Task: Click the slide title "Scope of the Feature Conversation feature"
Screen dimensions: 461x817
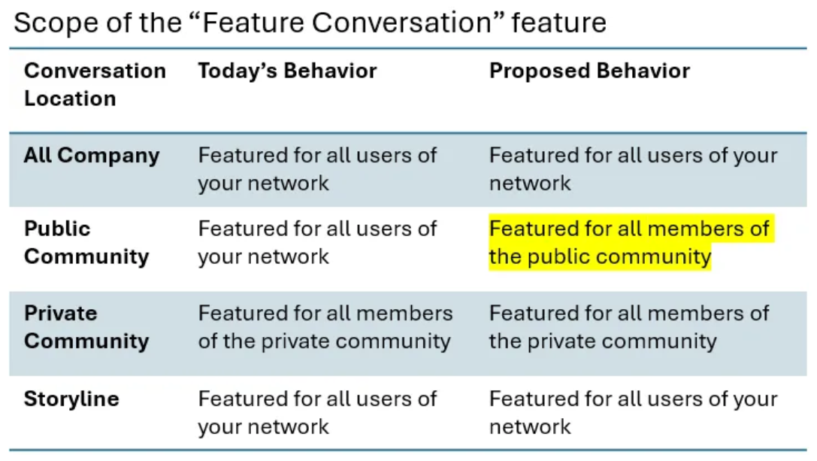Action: click(x=310, y=23)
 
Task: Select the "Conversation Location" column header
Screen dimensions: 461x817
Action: click(x=95, y=84)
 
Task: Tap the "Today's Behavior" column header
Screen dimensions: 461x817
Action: click(x=287, y=71)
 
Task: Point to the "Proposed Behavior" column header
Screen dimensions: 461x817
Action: click(x=589, y=71)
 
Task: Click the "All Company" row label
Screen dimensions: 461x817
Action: click(x=92, y=156)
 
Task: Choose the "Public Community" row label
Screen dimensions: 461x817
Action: click(x=86, y=242)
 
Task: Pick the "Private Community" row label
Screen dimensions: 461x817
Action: click(x=86, y=327)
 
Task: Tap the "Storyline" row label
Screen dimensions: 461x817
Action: click(x=71, y=399)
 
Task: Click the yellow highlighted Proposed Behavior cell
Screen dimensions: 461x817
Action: click(x=629, y=242)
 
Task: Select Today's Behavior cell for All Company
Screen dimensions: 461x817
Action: click(x=317, y=169)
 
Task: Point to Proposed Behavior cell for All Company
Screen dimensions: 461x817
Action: click(x=633, y=169)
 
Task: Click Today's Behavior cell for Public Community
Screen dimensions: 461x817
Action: click(x=317, y=242)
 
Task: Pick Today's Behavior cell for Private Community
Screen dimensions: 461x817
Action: click(x=325, y=327)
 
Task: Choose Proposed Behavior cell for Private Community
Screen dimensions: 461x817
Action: click(x=629, y=327)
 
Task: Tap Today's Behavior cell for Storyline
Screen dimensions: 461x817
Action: click(x=317, y=412)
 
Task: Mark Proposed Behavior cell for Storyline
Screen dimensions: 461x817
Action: click(x=633, y=412)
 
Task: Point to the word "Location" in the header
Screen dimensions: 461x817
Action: click(x=70, y=99)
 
